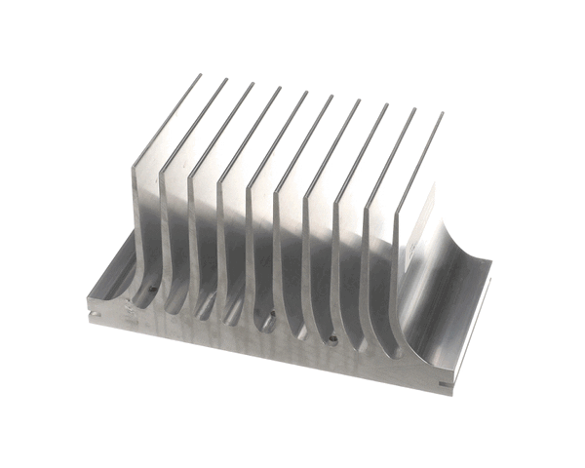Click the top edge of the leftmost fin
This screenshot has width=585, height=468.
tap(168, 122)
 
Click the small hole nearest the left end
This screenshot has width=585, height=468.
tap(152, 289)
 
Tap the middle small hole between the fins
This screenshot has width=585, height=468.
tap(269, 315)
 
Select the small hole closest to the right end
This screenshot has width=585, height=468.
tap(333, 340)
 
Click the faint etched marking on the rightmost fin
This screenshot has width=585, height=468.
tap(411, 249)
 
